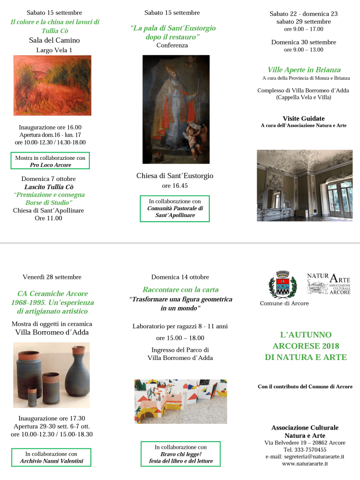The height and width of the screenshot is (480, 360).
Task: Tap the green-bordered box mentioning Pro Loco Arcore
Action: [x=50, y=161]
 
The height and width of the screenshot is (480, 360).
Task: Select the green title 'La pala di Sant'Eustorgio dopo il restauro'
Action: [x=173, y=33]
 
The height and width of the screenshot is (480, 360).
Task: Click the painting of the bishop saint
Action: [x=176, y=109]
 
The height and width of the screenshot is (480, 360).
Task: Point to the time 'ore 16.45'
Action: [x=175, y=185]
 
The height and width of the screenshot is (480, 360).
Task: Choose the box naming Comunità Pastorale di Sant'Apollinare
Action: [x=175, y=208]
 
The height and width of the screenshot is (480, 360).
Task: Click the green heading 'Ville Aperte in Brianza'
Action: [x=304, y=70]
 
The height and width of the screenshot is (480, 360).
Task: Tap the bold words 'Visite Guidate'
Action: [x=303, y=119]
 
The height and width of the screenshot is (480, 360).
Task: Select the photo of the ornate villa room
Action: [x=304, y=185]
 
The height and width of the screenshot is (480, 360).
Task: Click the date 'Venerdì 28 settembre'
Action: [x=52, y=277]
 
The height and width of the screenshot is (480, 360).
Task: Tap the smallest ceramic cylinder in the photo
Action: [x=32, y=396]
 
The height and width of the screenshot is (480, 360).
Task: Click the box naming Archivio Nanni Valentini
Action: [x=51, y=457]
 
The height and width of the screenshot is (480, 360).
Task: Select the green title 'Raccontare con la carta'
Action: [x=180, y=289]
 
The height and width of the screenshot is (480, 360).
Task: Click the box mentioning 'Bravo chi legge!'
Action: [x=180, y=454]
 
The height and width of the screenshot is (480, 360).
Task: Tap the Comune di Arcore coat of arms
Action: [x=283, y=285]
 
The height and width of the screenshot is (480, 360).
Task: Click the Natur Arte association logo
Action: [x=329, y=284]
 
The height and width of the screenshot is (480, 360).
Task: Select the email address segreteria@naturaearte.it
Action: [x=305, y=457]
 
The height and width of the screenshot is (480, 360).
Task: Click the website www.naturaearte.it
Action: [x=305, y=464]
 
